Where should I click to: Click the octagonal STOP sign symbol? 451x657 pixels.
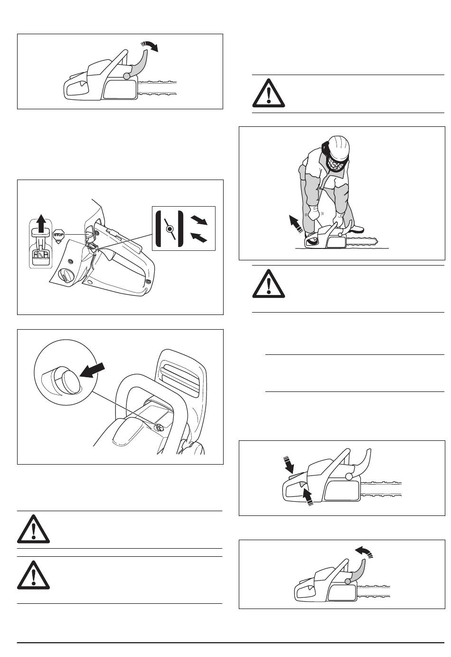(x=58, y=235)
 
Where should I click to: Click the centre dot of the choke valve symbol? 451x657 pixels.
(x=169, y=229)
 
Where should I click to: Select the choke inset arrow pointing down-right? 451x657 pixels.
(x=199, y=220)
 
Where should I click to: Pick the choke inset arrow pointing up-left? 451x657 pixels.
(x=199, y=237)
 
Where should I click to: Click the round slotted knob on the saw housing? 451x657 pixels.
(x=67, y=276)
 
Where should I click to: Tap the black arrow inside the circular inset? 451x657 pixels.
(x=92, y=370)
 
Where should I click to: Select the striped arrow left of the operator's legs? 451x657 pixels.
(x=296, y=223)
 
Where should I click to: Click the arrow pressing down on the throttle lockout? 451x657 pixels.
(x=289, y=465)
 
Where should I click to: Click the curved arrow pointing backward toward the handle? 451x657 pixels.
(x=364, y=552)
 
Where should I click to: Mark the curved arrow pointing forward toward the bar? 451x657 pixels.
(x=150, y=46)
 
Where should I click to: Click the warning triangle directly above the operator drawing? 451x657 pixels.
(x=268, y=93)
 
